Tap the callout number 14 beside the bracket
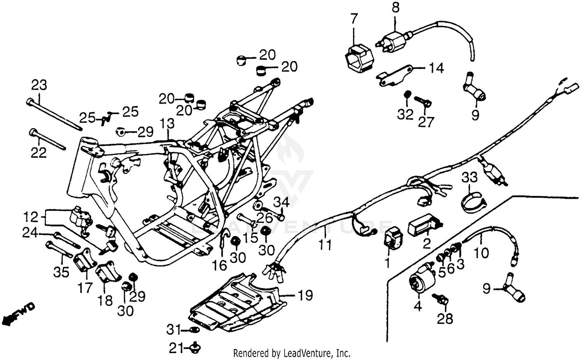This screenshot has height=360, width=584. (x=436, y=69)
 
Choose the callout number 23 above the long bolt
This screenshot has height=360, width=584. (x=39, y=85)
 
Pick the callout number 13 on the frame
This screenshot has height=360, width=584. (x=167, y=125)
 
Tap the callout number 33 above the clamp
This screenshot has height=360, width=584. (x=470, y=178)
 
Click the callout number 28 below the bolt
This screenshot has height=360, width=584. (x=445, y=319)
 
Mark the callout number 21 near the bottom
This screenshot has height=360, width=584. (x=177, y=346)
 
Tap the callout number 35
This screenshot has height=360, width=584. (x=61, y=272)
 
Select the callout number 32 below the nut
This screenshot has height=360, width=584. (x=405, y=115)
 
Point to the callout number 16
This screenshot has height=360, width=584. (x=220, y=265)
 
